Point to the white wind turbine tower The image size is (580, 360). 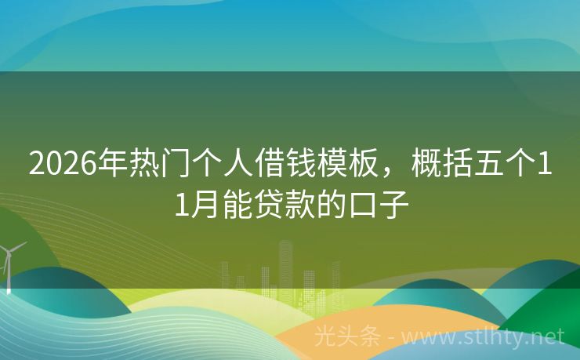(9, 271)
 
